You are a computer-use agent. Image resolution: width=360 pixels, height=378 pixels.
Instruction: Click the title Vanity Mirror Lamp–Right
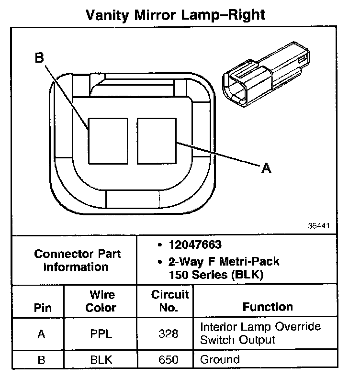pyautogui.click(x=175, y=15)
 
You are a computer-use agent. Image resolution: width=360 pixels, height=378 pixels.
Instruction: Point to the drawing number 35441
pyautogui.click(x=317, y=224)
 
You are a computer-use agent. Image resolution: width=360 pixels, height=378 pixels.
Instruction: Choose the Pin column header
pyautogui.click(x=42, y=307)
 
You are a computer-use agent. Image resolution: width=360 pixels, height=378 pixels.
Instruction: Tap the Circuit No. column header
pyautogui.click(x=170, y=301)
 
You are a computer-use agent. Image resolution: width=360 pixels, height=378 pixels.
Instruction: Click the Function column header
pyautogui.click(x=268, y=307)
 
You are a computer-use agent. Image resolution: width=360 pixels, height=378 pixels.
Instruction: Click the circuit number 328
pyautogui.click(x=169, y=334)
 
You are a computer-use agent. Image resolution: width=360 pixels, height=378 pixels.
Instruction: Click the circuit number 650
pyautogui.click(x=169, y=359)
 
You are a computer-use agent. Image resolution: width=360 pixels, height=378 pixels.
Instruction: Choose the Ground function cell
pyautogui.click(x=220, y=359)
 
